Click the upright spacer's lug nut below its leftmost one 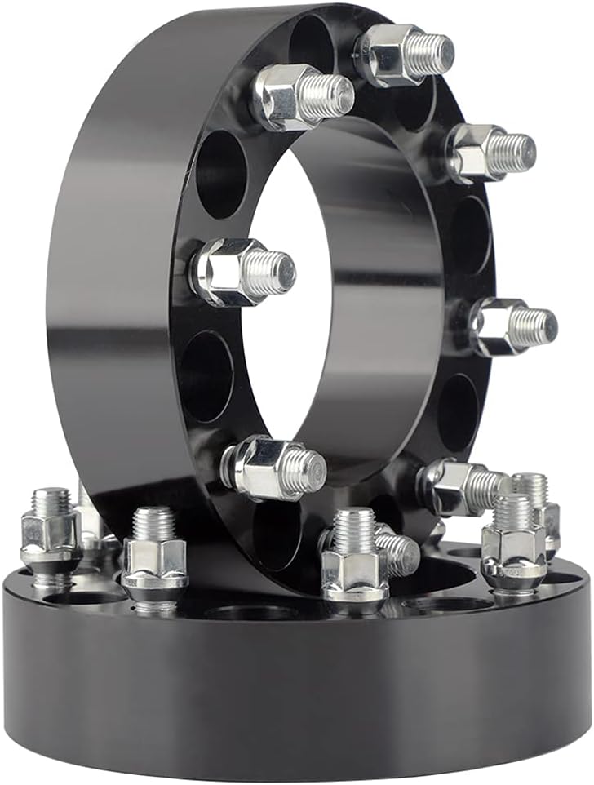point(261,468)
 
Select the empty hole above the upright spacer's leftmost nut point(220,173)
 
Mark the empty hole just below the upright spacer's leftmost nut point(206,375)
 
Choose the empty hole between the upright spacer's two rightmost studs point(469,237)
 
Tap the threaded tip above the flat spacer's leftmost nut point(51,499)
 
